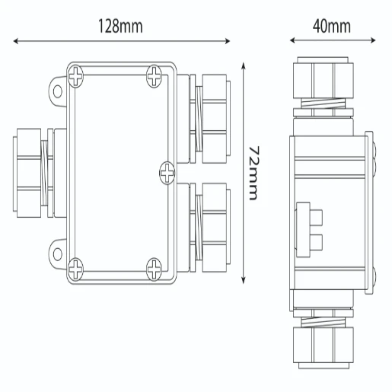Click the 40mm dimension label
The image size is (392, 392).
point(331,26)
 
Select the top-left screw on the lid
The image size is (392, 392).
point(78,75)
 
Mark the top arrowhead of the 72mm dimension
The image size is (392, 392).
point(243,66)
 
